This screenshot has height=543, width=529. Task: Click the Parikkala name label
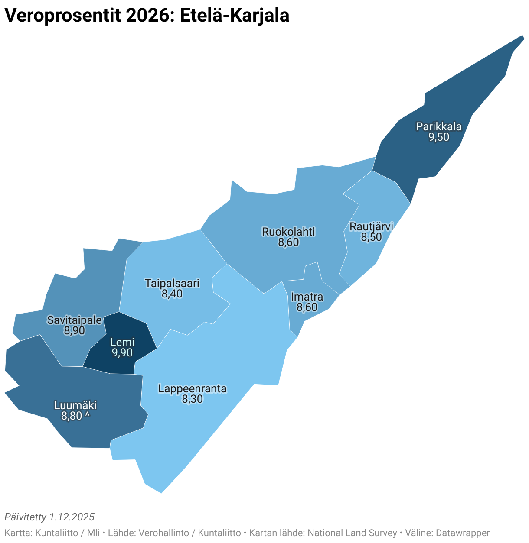tap(438, 127)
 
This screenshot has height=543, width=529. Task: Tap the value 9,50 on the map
tap(438, 137)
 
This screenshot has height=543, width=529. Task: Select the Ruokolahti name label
tap(288, 232)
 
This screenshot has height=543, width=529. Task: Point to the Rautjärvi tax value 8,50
tap(371, 237)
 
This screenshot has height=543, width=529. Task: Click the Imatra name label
tap(307, 297)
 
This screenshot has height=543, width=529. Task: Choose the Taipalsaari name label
tap(172, 284)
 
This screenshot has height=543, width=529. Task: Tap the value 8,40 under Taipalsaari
tap(172, 294)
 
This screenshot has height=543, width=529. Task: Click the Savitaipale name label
tap(75, 320)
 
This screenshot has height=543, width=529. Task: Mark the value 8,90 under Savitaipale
tap(75, 331)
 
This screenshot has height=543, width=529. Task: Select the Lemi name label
tap(122, 343)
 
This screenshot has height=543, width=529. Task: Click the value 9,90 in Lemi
tap(122, 353)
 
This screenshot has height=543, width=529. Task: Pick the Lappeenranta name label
tap(192, 388)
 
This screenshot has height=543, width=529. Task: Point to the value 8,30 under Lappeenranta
tap(192, 399)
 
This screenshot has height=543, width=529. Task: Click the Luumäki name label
tap(75, 406)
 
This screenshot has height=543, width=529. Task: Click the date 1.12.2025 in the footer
tap(72, 517)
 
